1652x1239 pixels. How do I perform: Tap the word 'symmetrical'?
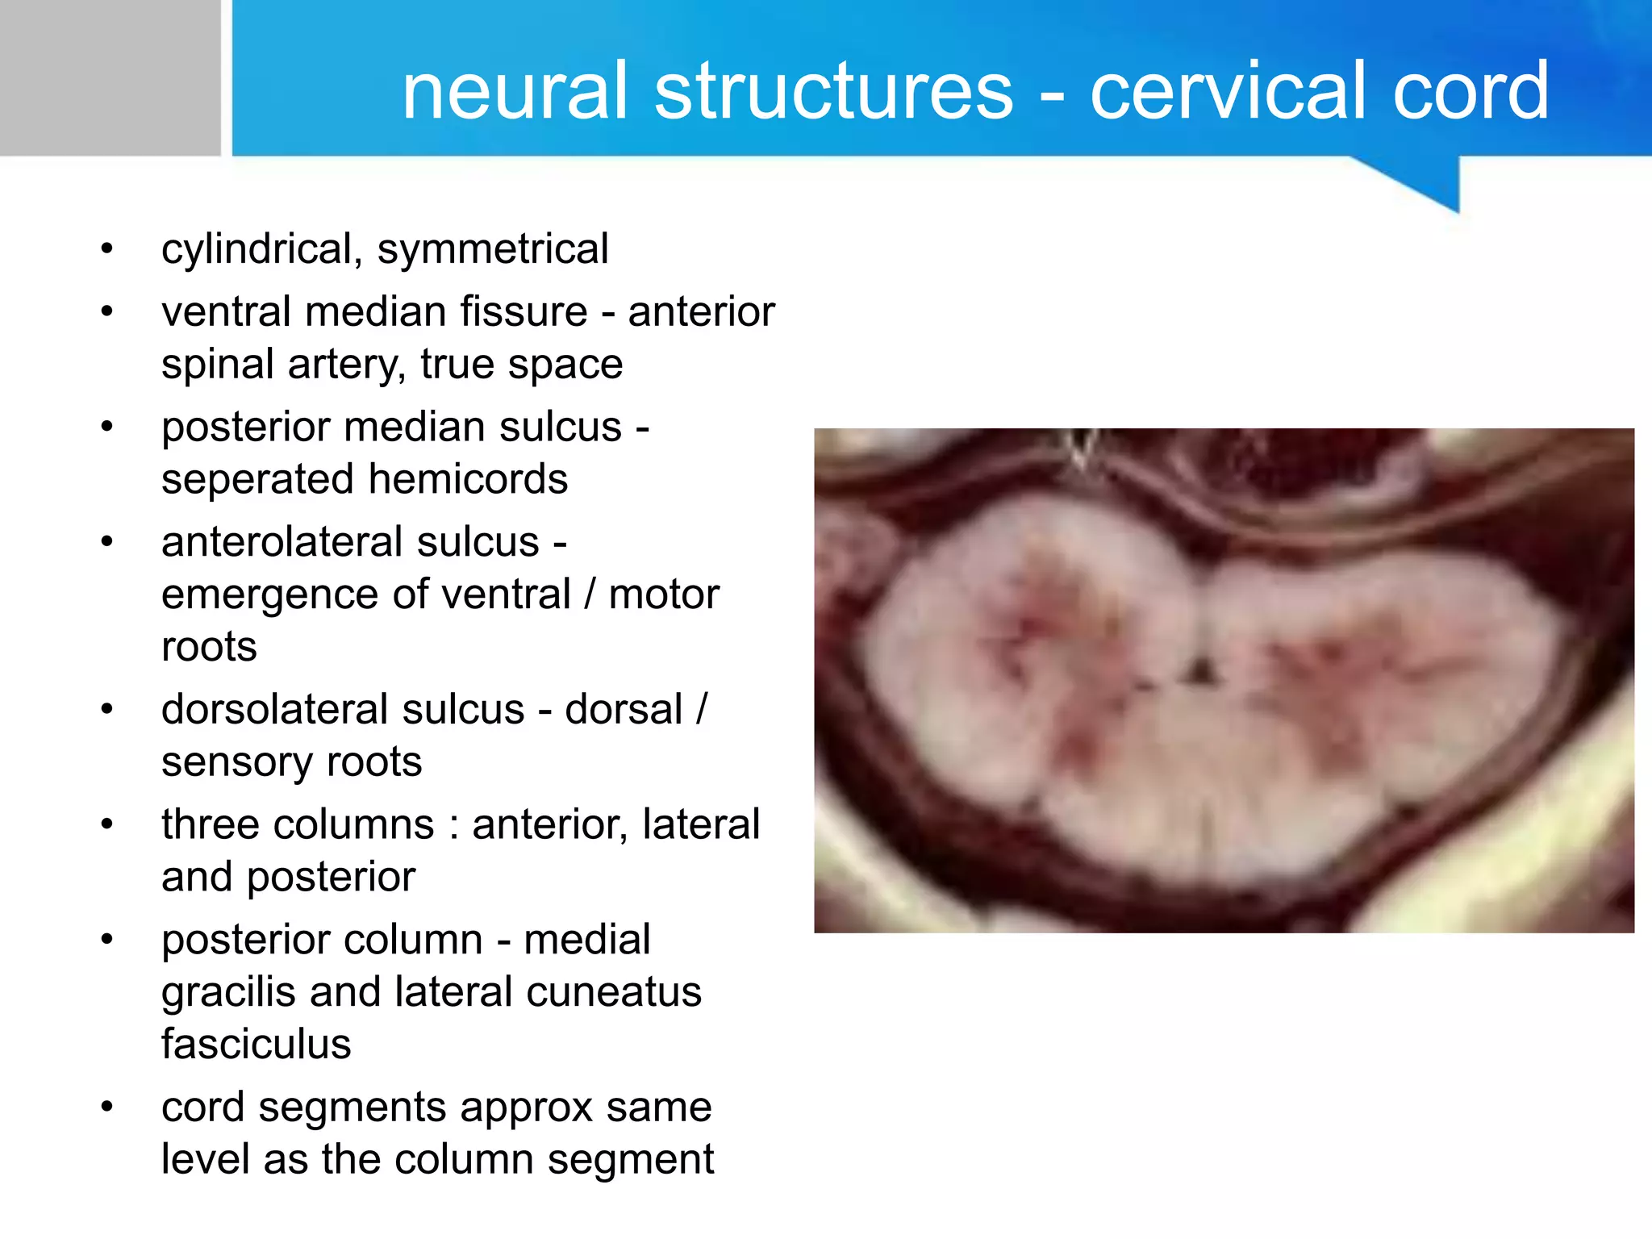tap(493, 249)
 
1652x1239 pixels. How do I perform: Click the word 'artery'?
tap(346, 365)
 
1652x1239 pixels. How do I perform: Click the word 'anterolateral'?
tap(350, 542)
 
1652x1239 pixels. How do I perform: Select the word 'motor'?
tap(663, 595)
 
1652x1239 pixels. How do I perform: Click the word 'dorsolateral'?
tap(343, 710)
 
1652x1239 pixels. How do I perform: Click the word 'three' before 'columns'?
tap(206, 825)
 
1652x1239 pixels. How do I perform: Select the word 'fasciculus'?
tap(256, 1045)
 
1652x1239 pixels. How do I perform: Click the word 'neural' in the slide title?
tap(514, 91)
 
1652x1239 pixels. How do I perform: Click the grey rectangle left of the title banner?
tap(110, 77)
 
